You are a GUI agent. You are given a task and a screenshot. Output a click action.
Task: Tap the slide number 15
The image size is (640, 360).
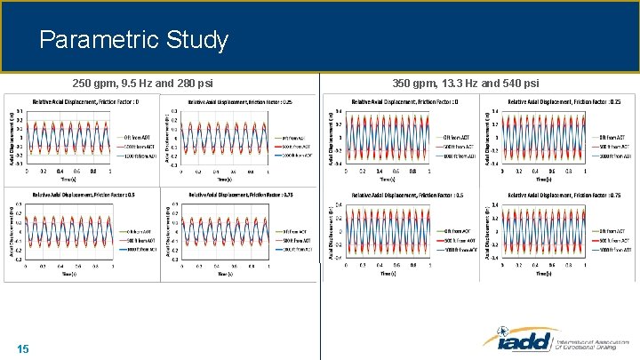point(23,348)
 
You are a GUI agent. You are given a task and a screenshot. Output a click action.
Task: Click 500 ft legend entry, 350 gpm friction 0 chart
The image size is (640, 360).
point(459,146)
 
